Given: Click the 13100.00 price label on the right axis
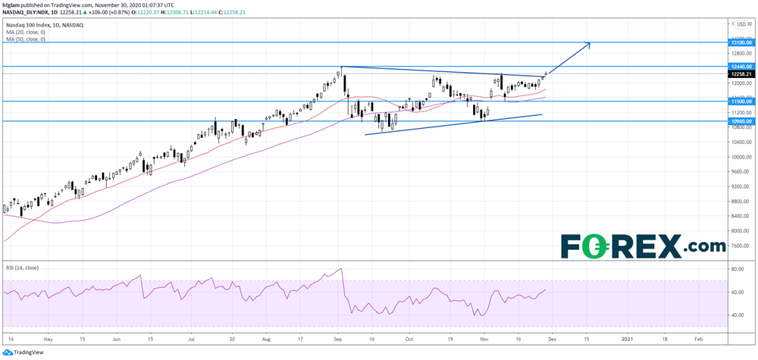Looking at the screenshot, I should pos(741,43).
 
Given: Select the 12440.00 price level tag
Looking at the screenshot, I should pos(741,67).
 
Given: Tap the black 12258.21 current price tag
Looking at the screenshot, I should pos(741,74).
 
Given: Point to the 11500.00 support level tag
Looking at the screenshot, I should pos(741,101).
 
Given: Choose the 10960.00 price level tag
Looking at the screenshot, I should pos(741,121).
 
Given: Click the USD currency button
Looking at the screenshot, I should pos(741,24).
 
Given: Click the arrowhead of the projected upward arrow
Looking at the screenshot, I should pos(589,44).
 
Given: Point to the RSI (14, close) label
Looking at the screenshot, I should pos(23,268).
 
